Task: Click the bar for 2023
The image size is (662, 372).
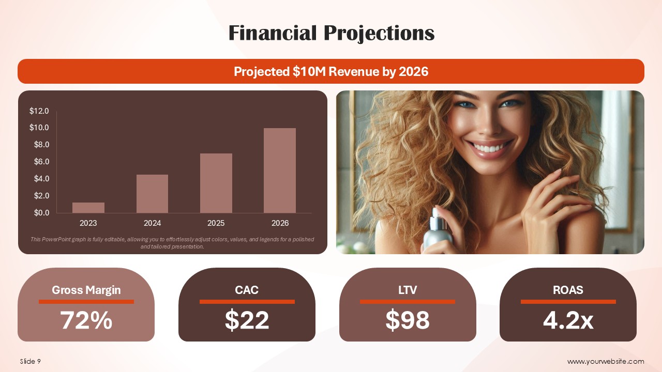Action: (88, 208)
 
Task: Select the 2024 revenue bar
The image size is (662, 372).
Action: (152, 194)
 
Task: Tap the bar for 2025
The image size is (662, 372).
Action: (216, 183)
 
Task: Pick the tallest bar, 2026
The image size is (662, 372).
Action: (280, 171)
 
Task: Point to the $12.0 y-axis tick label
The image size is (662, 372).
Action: (39, 111)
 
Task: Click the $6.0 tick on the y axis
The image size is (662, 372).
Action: (41, 162)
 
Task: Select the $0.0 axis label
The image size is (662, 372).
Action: (41, 212)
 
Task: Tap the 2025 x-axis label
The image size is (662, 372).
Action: (216, 223)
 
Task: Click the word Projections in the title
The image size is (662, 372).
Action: (379, 33)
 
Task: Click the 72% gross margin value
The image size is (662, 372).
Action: (86, 320)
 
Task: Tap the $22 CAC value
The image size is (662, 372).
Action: (247, 320)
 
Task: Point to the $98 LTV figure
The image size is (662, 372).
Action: (408, 320)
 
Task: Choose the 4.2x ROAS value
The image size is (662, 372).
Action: (568, 320)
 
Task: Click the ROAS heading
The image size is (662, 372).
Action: (568, 290)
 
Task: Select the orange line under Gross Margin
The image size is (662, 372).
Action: (86, 302)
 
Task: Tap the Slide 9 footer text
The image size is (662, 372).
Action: (31, 361)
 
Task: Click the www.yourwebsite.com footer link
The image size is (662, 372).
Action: (606, 361)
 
